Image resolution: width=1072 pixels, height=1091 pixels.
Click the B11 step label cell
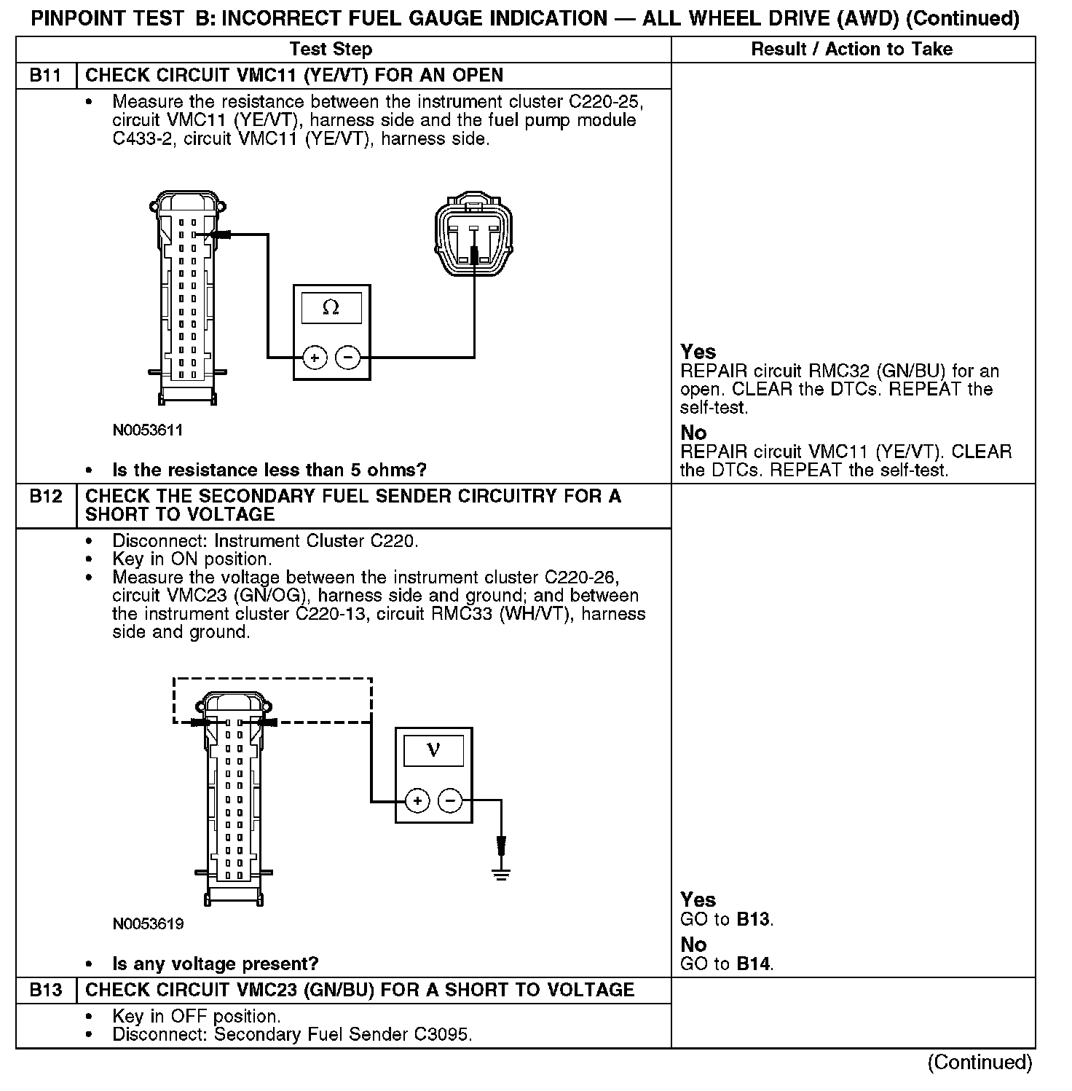45,76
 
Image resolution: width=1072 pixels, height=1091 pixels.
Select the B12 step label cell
45,497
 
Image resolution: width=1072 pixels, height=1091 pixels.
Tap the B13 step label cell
45,990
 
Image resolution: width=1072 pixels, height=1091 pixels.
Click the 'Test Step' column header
331,50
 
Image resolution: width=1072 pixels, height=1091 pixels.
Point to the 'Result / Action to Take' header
851,50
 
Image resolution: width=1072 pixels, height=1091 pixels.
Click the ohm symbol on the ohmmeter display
331,308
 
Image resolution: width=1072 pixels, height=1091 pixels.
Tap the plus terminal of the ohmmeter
315,358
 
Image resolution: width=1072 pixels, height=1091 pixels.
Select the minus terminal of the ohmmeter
347,358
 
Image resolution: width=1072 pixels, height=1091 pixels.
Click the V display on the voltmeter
433,749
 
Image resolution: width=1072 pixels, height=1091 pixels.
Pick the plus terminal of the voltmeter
417,801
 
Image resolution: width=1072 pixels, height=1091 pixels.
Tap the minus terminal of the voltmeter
450,801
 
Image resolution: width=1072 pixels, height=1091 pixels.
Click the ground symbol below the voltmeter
501,873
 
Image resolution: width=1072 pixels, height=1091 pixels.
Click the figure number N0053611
148,430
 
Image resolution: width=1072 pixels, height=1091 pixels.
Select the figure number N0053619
148,924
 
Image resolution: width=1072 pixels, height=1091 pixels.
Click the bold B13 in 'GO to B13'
753,919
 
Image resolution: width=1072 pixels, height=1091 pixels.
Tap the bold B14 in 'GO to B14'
753,964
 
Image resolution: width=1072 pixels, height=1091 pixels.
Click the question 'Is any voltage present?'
215,964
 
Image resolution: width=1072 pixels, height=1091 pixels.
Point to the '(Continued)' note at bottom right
980,1063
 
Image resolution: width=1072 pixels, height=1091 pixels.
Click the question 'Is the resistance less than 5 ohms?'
269,470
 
